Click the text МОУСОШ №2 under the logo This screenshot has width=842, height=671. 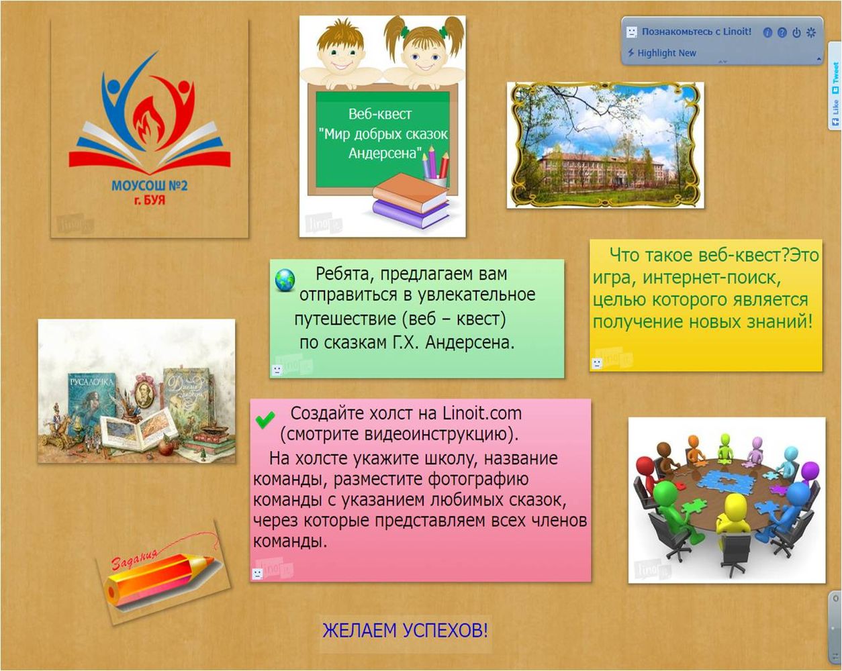149,185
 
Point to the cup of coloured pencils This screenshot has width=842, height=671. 436,168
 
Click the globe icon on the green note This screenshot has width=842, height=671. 285,280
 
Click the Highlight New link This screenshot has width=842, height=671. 666,53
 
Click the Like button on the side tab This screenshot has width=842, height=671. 835,112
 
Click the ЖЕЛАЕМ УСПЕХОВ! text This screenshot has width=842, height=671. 406,630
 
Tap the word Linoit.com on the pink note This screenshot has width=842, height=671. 482,413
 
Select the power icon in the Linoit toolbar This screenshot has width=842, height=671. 796,32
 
